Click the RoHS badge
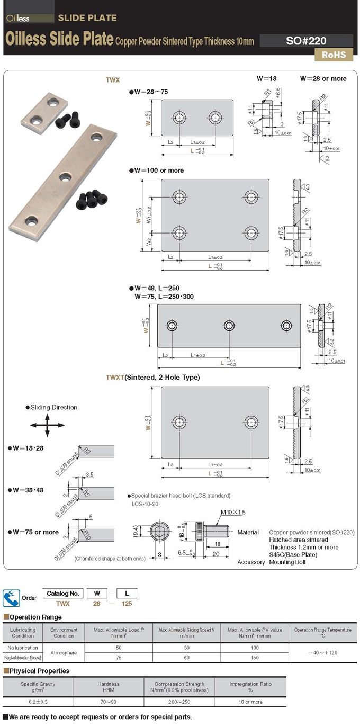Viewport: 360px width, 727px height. point(334,55)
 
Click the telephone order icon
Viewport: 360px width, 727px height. point(11,598)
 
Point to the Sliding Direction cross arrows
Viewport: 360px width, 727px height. point(47,425)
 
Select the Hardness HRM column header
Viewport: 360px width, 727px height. point(108,687)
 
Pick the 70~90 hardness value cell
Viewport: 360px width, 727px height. point(108,702)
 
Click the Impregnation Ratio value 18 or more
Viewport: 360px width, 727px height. point(250,702)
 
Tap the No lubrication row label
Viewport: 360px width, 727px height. point(23,648)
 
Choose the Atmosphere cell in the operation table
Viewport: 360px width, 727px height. point(64,652)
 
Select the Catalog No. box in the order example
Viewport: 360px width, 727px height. point(62,593)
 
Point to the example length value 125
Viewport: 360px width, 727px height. point(126,603)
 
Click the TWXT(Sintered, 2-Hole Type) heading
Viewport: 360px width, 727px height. point(152,378)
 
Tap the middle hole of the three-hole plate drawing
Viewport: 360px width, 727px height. point(229,325)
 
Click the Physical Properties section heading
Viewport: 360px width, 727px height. point(37,671)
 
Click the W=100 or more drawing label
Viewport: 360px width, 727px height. point(157,170)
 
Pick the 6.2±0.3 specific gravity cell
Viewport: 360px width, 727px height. point(38,702)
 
